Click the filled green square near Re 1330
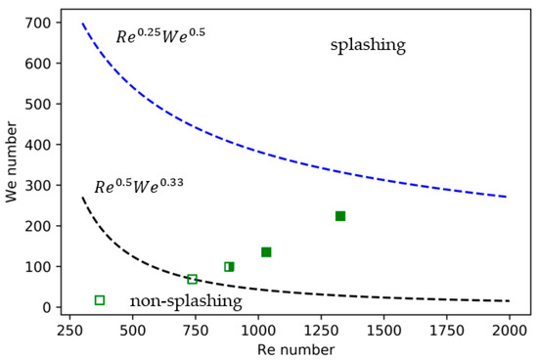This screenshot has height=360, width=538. (x=340, y=216)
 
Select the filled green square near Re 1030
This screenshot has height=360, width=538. (x=266, y=252)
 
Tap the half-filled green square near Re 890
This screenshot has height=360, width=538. (x=229, y=266)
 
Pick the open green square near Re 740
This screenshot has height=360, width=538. (x=193, y=280)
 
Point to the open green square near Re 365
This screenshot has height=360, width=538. (x=100, y=300)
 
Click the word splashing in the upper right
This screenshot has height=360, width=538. (x=367, y=46)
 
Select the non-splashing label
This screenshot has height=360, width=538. (x=185, y=302)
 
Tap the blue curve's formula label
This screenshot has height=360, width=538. (x=160, y=37)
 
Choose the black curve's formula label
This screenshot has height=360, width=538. (x=138, y=186)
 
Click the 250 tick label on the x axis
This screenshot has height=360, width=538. (x=69, y=330)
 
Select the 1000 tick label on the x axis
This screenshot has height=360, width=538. (x=257, y=330)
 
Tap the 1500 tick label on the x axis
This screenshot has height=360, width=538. (x=382, y=330)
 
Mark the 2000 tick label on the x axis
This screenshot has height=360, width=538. (x=508, y=330)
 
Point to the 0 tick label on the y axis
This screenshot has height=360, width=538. (x=44, y=307)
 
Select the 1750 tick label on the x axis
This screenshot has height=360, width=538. (x=445, y=330)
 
